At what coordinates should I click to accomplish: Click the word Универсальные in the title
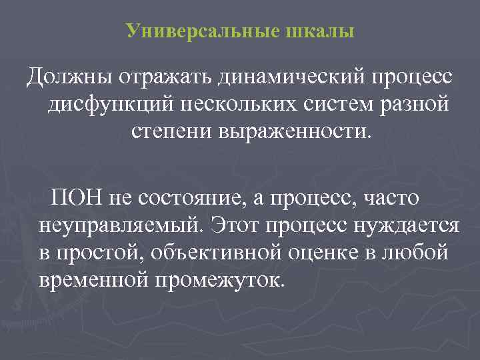point(189,31)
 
